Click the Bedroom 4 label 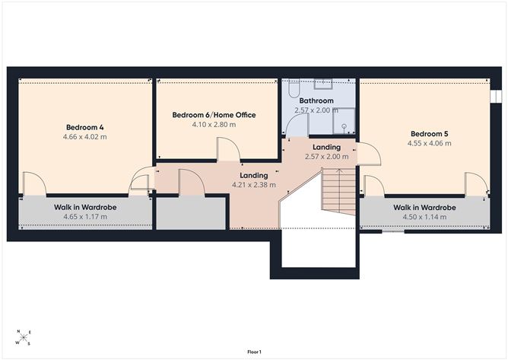click(x=85, y=127)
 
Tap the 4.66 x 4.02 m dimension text click(x=85, y=137)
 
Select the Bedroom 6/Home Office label click(x=214, y=115)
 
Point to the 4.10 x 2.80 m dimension click(x=214, y=125)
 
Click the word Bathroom click(x=316, y=100)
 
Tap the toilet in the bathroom click(x=294, y=88)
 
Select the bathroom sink click(x=323, y=84)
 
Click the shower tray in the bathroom click(x=344, y=121)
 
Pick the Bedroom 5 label click(x=429, y=134)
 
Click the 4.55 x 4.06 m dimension click(x=429, y=143)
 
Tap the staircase click(x=338, y=191)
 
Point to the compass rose click(x=24, y=338)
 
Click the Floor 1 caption click(x=254, y=352)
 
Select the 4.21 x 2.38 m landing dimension click(x=254, y=185)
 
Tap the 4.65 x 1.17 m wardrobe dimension click(x=85, y=217)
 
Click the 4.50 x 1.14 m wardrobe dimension click(x=424, y=217)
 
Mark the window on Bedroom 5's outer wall click(x=495, y=97)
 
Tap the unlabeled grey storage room click(x=191, y=213)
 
